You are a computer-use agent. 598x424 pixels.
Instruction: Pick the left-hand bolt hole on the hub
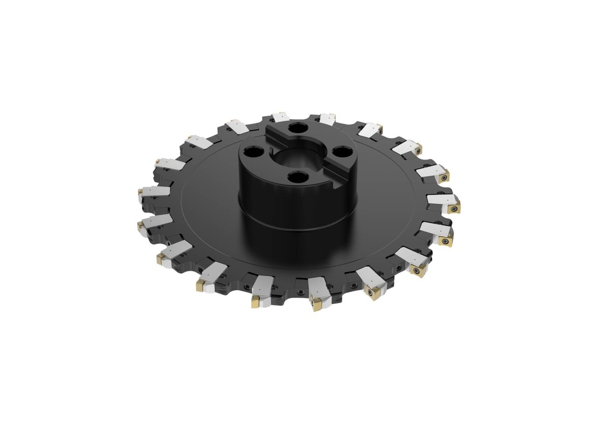coord(254,152)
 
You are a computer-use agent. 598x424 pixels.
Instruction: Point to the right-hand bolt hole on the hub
coord(340,154)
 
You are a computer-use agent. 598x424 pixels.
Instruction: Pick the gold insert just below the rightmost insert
coord(447,239)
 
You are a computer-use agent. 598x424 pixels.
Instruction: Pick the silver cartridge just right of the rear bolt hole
coord(327,119)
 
